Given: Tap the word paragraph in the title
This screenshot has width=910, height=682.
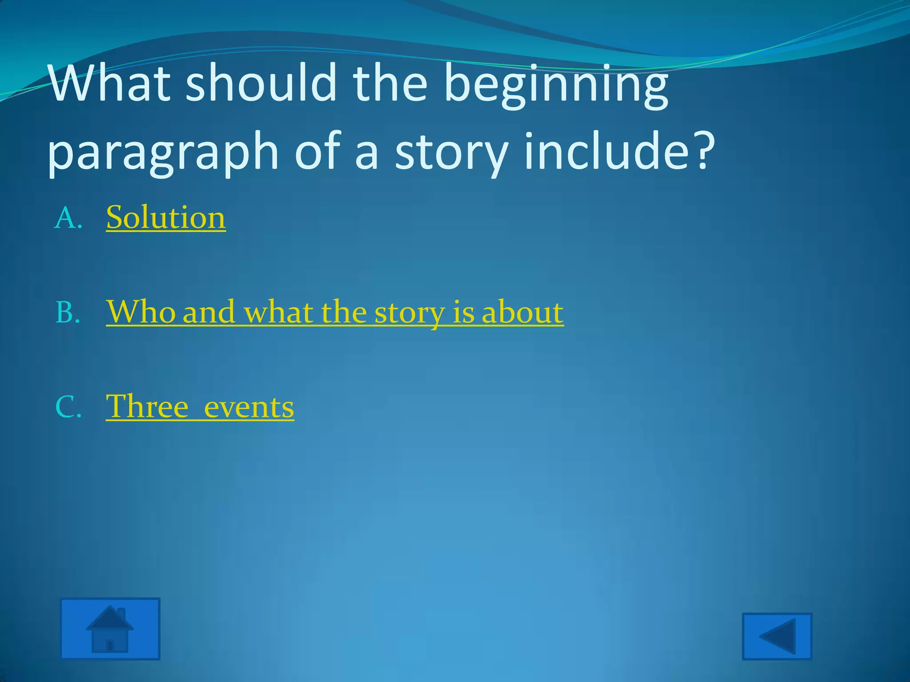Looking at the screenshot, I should coord(163,153).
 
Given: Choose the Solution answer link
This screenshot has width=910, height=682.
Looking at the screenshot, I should coord(166,218).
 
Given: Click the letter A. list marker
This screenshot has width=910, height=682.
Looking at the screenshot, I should coord(68,219).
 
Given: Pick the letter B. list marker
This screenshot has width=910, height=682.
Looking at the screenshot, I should coord(68,313).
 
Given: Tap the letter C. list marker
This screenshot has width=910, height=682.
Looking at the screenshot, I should coord(68,407).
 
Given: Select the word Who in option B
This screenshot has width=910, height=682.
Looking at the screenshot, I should coord(141,312).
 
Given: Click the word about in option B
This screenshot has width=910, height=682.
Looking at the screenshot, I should coord(523,312).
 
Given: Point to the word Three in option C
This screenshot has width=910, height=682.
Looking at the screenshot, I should coord(147,406).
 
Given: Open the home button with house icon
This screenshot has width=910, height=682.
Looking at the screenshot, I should coord(110,628).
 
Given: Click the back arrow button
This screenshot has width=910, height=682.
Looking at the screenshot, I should coord(777,636).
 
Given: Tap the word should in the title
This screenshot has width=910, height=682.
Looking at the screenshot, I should coord(261,83).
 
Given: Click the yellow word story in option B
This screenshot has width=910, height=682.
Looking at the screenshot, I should coord(409,313).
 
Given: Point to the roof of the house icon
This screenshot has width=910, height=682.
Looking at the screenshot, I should coord(109,619).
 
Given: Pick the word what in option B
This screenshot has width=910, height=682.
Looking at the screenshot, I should coord(279,312).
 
